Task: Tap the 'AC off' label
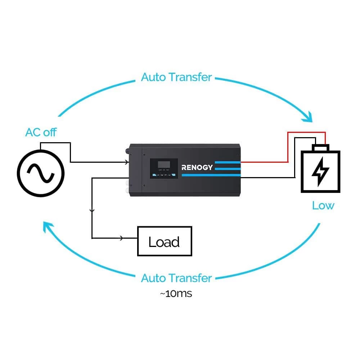(x=41, y=132)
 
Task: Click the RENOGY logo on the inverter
(x=197, y=167)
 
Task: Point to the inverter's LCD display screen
(x=164, y=165)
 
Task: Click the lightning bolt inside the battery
(x=320, y=172)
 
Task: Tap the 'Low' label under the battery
(x=323, y=206)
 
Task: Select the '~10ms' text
(x=176, y=293)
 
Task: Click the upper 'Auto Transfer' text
(x=176, y=77)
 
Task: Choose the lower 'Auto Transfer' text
(x=176, y=278)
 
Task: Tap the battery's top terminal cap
(x=320, y=148)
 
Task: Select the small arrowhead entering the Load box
(x=122, y=238)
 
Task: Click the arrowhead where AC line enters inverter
(x=126, y=162)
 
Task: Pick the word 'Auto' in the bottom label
(x=153, y=278)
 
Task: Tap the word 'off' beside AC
(x=50, y=132)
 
